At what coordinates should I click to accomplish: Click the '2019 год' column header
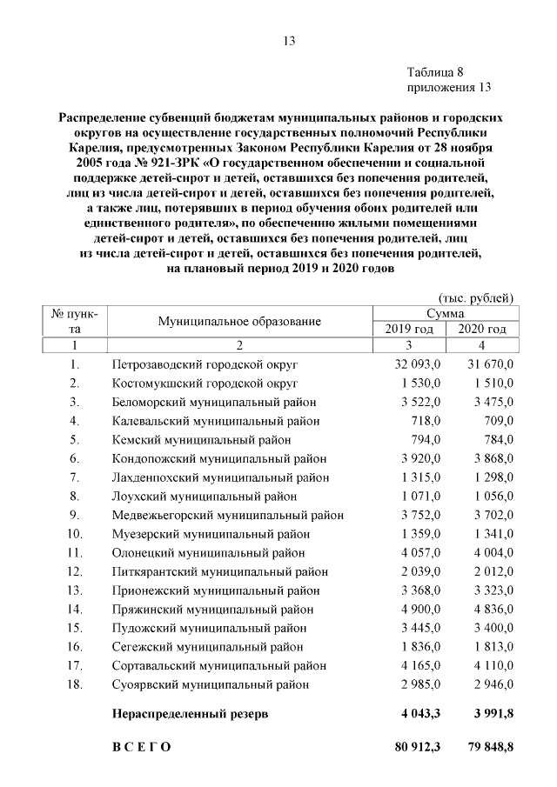(409, 330)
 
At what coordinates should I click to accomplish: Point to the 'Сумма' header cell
(445, 313)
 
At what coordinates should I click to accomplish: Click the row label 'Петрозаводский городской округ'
(205, 363)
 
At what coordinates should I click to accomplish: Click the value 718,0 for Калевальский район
(426, 421)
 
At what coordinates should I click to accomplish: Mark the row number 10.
(75, 534)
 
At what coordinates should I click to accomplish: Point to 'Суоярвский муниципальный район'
(211, 684)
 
